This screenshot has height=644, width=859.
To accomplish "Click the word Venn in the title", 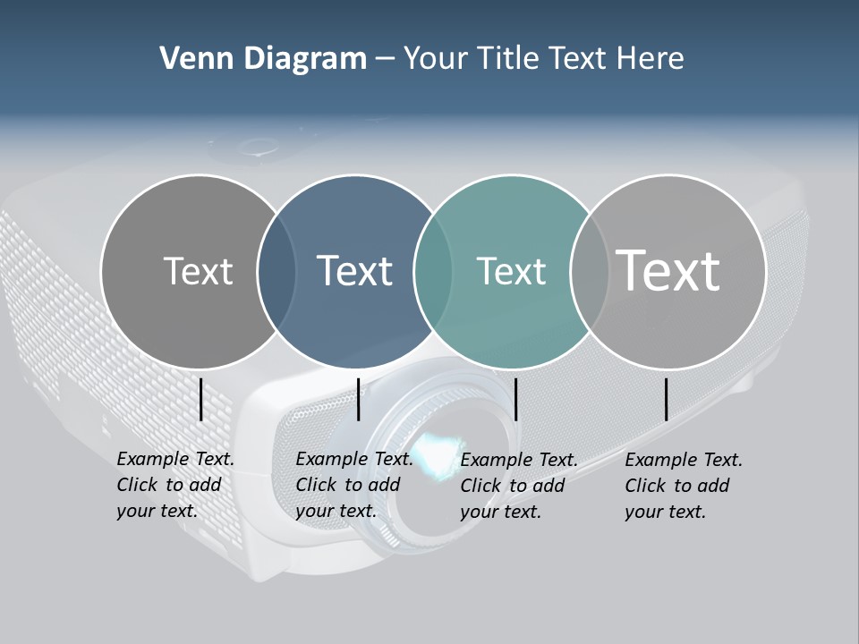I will click(190, 59).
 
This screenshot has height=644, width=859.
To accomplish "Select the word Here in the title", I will click(650, 59).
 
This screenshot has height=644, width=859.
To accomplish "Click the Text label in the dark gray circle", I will click(198, 271).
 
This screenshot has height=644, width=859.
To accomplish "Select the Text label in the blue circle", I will click(354, 271).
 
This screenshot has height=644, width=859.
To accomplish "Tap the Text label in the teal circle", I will click(511, 271).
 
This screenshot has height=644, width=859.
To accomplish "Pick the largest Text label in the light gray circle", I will click(668, 270).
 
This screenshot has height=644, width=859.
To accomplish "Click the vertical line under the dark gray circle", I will click(201, 399).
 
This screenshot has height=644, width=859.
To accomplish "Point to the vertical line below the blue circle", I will click(358, 399).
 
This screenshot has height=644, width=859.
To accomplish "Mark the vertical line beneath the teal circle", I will click(516, 399).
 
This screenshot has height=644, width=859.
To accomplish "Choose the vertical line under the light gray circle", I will click(667, 399).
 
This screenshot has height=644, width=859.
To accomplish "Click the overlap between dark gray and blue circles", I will click(276, 272).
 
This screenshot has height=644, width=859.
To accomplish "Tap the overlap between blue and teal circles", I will click(433, 272).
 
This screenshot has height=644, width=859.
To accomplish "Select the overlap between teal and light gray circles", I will click(590, 272).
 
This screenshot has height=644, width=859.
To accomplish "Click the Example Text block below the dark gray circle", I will click(174, 485).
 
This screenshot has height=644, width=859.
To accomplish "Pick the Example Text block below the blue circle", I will click(353, 485).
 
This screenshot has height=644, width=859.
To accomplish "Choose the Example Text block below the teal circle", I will click(518, 486).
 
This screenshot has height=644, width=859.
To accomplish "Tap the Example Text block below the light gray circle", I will click(683, 486).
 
